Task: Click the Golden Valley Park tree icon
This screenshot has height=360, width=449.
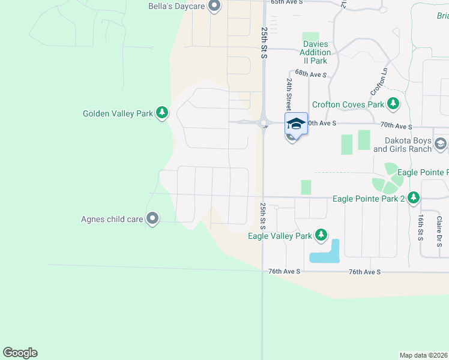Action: coord(161,112)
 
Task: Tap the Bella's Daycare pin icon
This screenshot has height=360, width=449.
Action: coord(214,7)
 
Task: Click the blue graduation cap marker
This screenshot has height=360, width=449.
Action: coord(296,123)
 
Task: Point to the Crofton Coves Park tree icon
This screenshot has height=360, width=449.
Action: coord(393,104)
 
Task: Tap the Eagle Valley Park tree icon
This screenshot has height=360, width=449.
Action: coord(321,235)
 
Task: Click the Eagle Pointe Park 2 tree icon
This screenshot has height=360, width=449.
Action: coord(413,197)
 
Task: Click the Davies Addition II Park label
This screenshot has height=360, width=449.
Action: coord(315,52)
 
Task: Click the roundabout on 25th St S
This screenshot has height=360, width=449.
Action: coord(263,124)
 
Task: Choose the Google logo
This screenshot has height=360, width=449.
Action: coord(20,353)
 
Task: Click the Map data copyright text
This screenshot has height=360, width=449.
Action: coord(424,355)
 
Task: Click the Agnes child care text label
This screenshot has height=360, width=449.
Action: coord(112,219)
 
